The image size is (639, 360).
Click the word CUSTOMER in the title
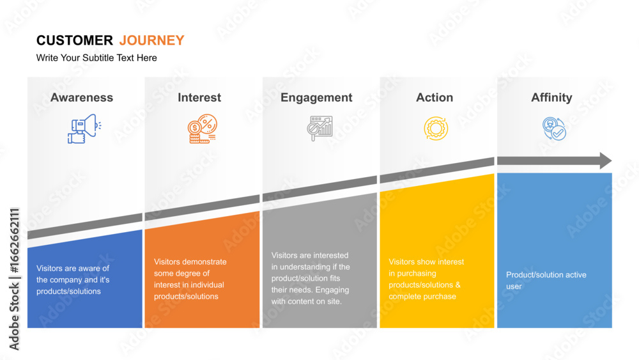click(x=75, y=40)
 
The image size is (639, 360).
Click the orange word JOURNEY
click(x=151, y=40)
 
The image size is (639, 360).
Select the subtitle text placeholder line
click(x=96, y=58)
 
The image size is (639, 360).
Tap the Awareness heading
click(x=82, y=97)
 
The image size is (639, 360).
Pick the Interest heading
click(x=199, y=97)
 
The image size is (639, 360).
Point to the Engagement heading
click(x=316, y=98)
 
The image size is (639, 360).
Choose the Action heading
click(x=435, y=97)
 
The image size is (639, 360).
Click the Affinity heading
click(x=551, y=98)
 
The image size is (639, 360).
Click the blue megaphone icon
click(x=84, y=129)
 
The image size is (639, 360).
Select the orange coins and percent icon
click(x=202, y=129)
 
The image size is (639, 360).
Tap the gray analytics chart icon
click(x=320, y=128)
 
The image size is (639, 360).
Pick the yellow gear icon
click(x=436, y=129)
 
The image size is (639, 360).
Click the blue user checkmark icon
click(x=554, y=129)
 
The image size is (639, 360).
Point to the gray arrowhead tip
click(x=612, y=160)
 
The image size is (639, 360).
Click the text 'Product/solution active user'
click(x=546, y=281)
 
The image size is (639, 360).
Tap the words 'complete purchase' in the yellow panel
click(x=422, y=297)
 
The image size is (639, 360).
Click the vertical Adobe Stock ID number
click(x=15, y=240)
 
